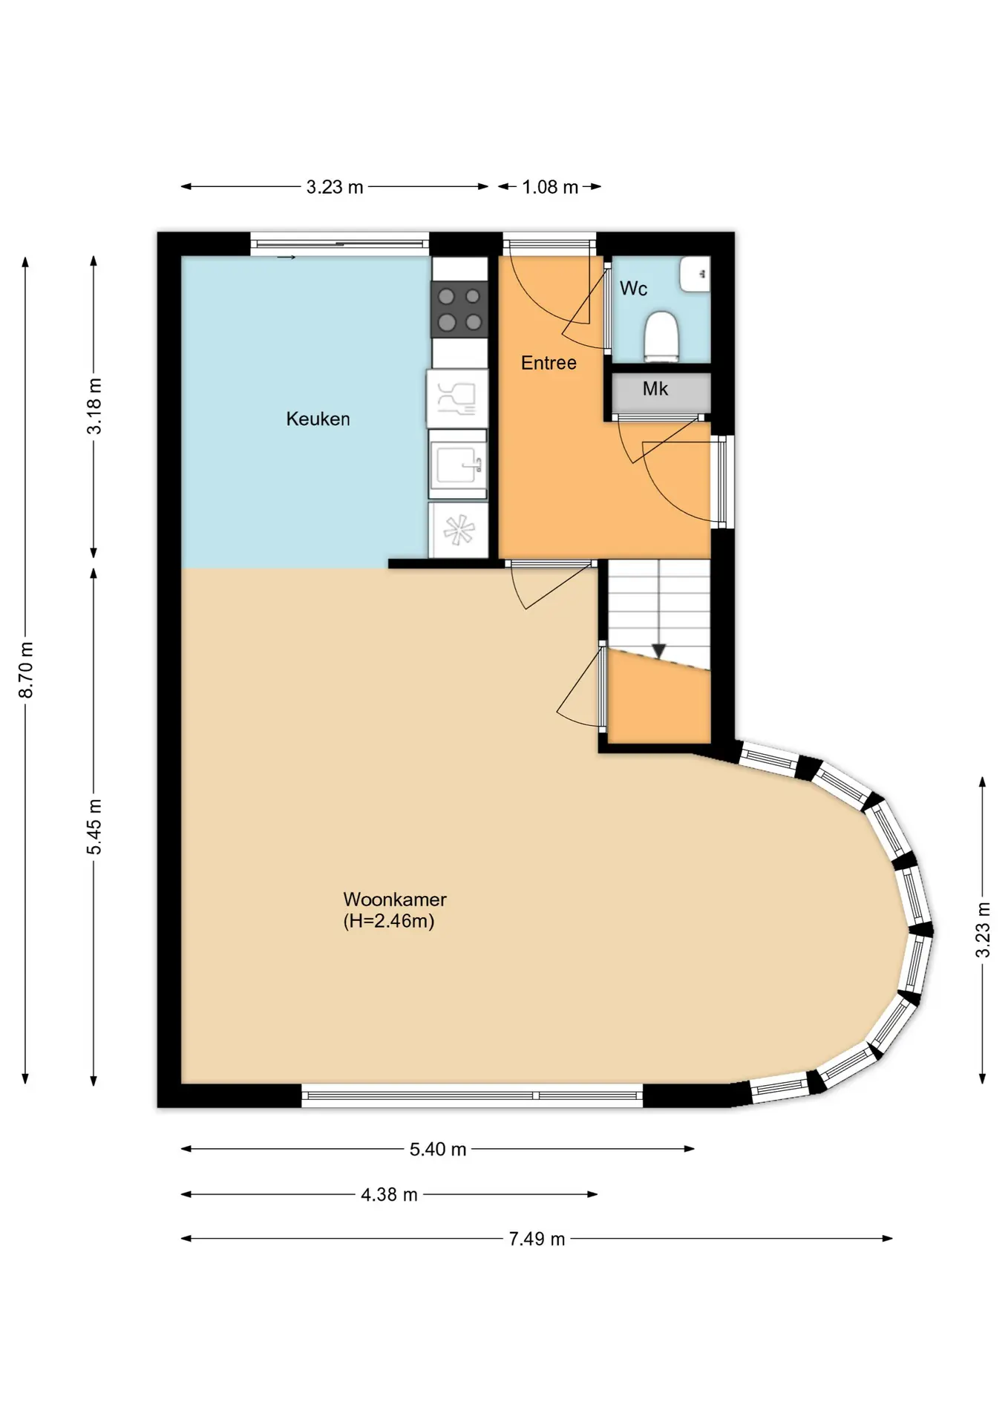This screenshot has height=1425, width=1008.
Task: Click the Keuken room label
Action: (x=318, y=419)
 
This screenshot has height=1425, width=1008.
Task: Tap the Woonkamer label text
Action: (x=394, y=899)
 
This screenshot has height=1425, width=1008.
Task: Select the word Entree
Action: (x=549, y=363)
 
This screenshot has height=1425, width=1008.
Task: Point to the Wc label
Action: (x=633, y=288)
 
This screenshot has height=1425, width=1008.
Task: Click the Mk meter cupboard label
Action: (x=655, y=388)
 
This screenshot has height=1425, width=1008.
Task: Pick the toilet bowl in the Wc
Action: (x=661, y=336)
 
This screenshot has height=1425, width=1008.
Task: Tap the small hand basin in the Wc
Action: (x=696, y=274)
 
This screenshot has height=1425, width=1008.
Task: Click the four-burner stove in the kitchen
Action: (x=459, y=309)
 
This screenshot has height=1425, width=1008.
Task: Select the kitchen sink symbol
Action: (x=458, y=465)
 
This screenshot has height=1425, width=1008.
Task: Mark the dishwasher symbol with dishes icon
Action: (x=457, y=399)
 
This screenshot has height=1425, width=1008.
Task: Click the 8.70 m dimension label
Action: (x=26, y=670)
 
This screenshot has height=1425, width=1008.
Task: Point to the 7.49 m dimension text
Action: (x=537, y=1239)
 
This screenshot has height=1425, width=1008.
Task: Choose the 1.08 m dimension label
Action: (x=550, y=187)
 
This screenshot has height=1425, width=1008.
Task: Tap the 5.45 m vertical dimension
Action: (x=94, y=827)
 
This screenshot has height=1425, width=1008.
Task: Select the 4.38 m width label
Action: (x=389, y=1195)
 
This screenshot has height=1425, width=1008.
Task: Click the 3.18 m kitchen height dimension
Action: (x=94, y=406)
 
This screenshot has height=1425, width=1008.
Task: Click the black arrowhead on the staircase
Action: (x=658, y=651)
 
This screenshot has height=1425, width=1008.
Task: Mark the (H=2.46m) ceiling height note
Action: (x=388, y=921)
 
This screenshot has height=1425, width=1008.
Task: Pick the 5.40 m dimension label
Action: (x=438, y=1150)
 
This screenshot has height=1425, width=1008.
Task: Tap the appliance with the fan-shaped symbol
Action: (x=459, y=531)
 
